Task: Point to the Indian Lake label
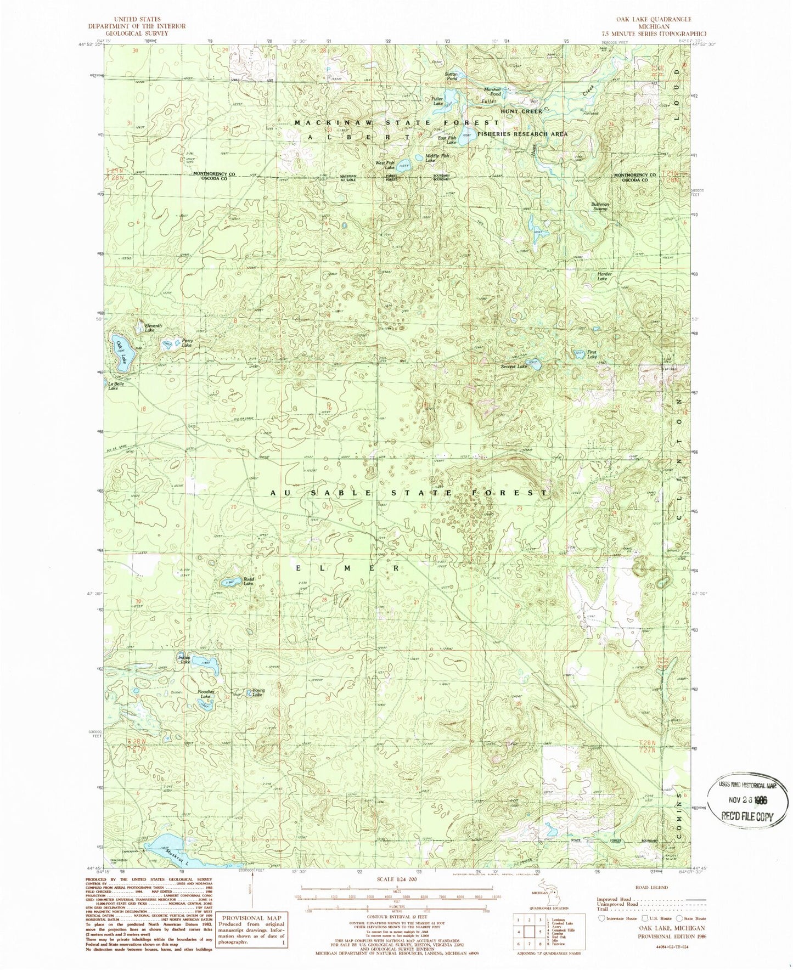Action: click(x=185, y=659)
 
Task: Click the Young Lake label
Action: click(x=258, y=692)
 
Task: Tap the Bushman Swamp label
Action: click(x=600, y=206)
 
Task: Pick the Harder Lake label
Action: click(x=604, y=277)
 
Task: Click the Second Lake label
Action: click(x=514, y=366)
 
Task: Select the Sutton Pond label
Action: click(x=451, y=76)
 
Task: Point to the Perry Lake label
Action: click(x=187, y=343)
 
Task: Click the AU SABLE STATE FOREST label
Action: click(x=409, y=493)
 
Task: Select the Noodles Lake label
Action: click(x=205, y=694)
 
